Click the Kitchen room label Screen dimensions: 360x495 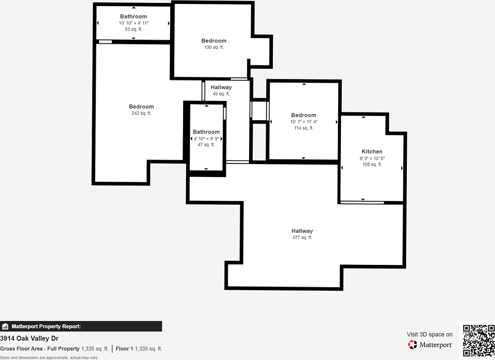[372, 152]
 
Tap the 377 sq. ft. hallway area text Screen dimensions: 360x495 [302, 237]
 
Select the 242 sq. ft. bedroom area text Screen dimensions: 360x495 [141, 113]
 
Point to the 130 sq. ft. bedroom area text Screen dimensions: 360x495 [214, 47]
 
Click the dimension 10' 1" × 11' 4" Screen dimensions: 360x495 [304, 121]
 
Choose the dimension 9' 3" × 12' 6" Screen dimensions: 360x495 [372, 158]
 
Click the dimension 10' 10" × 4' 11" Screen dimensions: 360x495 [133, 23]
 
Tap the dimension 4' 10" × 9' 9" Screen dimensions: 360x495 [206, 138]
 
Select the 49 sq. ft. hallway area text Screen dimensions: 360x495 [221, 94]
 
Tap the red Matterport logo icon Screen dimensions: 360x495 [413, 344]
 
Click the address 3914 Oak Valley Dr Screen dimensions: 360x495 [29, 339]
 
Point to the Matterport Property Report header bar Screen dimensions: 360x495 [81, 326]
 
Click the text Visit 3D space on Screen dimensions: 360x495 [429, 334]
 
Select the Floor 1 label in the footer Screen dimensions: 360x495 [124, 349]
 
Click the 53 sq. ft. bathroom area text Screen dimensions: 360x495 [133, 29]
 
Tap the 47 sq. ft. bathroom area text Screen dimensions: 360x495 [206, 145]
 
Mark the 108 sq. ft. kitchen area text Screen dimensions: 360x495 [372, 164]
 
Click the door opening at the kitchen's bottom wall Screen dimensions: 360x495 [362, 202]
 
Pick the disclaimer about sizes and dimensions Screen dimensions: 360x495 [49, 358]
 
